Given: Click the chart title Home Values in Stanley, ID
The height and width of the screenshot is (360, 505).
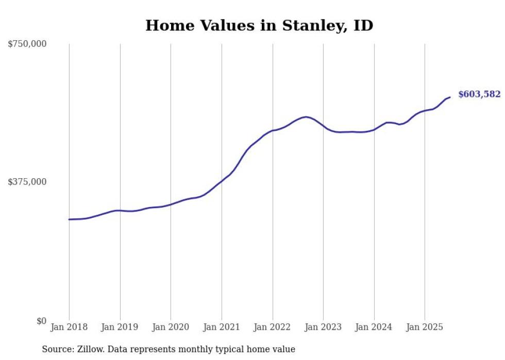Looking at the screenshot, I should (x=259, y=25).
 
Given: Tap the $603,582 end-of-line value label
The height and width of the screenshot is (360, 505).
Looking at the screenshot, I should (x=479, y=94).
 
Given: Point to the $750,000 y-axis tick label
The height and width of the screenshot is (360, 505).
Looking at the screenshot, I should (x=27, y=44).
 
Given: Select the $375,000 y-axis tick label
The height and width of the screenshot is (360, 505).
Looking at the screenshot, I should (x=27, y=182).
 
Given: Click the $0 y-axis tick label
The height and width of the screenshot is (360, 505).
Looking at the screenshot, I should (x=41, y=321).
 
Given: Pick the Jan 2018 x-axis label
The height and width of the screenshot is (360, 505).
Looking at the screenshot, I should (x=69, y=327).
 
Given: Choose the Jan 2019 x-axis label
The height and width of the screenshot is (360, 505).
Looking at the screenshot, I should (x=120, y=327).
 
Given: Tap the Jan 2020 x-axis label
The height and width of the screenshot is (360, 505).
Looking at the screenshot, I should (x=171, y=327).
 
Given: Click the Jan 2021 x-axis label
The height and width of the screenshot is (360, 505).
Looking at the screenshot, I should (x=222, y=327).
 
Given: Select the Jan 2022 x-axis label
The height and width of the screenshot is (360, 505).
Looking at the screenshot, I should (x=273, y=327).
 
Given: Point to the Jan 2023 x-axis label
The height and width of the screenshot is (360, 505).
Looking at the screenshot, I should (x=323, y=327).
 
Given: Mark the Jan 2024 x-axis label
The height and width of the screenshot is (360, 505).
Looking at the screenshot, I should (x=374, y=327).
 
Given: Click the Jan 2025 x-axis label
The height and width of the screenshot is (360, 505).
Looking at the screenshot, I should (x=425, y=327).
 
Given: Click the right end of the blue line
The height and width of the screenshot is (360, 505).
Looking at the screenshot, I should (x=450, y=97).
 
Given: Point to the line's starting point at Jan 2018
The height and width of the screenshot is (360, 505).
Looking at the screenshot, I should (x=69, y=219).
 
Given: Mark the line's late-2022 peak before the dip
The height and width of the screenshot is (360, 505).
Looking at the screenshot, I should (x=306, y=117).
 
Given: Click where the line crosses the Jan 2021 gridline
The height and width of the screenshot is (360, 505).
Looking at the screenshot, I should (x=222, y=181).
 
